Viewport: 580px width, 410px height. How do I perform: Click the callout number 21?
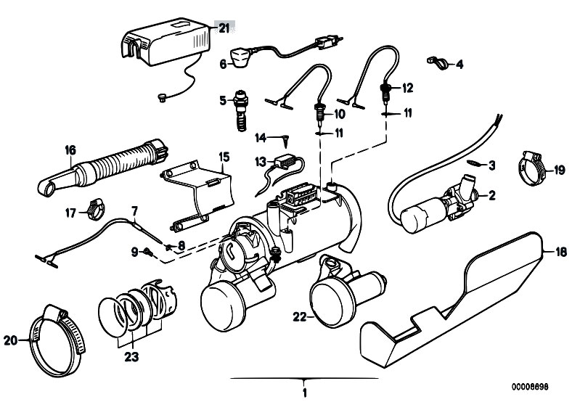[x=223, y=28]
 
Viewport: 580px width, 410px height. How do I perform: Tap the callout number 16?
[x=70, y=150]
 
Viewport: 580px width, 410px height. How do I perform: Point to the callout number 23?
[x=131, y=356]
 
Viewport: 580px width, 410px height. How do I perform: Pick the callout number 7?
[x=134, y=210]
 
